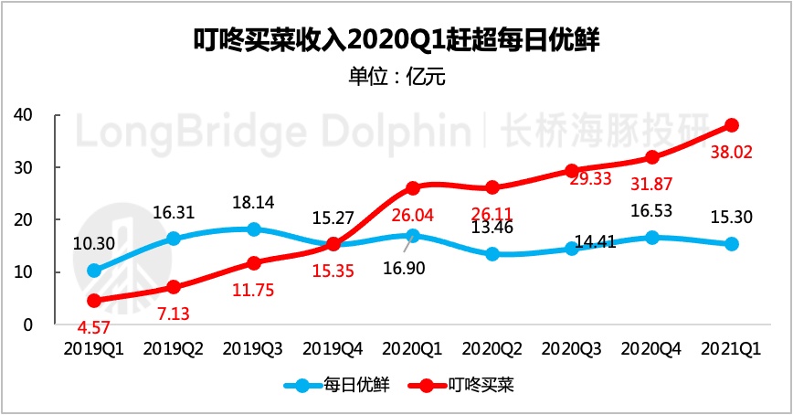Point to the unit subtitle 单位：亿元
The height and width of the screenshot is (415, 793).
click(396, 77)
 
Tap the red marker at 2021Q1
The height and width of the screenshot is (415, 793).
click(733, 125)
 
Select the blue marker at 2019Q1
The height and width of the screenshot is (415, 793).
click(94, 271)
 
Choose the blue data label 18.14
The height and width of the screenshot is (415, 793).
click(254, 203)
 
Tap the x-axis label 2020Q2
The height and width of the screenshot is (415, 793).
click(493, 349)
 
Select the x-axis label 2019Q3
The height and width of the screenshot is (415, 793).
click(254, 349)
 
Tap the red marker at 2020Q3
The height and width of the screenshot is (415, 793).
click(573, 171)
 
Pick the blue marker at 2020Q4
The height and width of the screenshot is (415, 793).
click(652, 238)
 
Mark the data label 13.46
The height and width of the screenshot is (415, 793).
click(493, 229)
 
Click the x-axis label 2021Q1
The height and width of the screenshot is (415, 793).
click(733, 349)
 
